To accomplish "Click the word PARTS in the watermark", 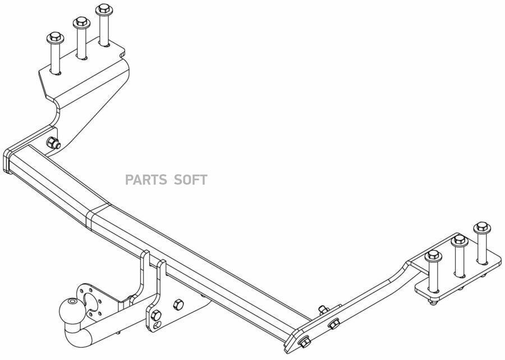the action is [x=146, y=180].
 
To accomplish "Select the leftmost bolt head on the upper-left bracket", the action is [x=56, y=39].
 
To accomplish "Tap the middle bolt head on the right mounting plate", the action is [x=458, y=241].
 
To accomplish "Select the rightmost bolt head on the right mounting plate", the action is [x=481, y=227].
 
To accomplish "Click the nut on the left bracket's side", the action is [x=53, y=142].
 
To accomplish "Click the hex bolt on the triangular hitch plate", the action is [x=179, y=304].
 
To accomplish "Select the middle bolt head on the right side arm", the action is [x=333, y=324].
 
